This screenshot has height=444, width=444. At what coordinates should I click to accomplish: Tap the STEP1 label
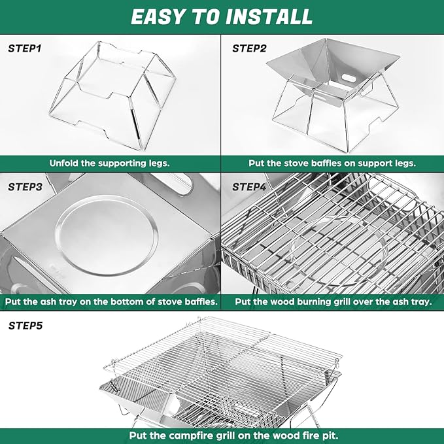24,48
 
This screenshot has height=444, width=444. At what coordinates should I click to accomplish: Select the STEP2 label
249,48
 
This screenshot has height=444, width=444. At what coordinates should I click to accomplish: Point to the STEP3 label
25,186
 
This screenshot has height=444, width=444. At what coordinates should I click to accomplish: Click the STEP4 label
249,186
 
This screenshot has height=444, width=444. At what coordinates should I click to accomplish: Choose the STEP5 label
25,324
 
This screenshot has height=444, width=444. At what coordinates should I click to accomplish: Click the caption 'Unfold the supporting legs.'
110,163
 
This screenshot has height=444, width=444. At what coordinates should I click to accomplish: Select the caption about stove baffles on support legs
332,163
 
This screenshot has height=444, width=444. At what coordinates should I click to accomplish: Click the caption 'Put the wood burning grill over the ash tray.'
333,302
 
